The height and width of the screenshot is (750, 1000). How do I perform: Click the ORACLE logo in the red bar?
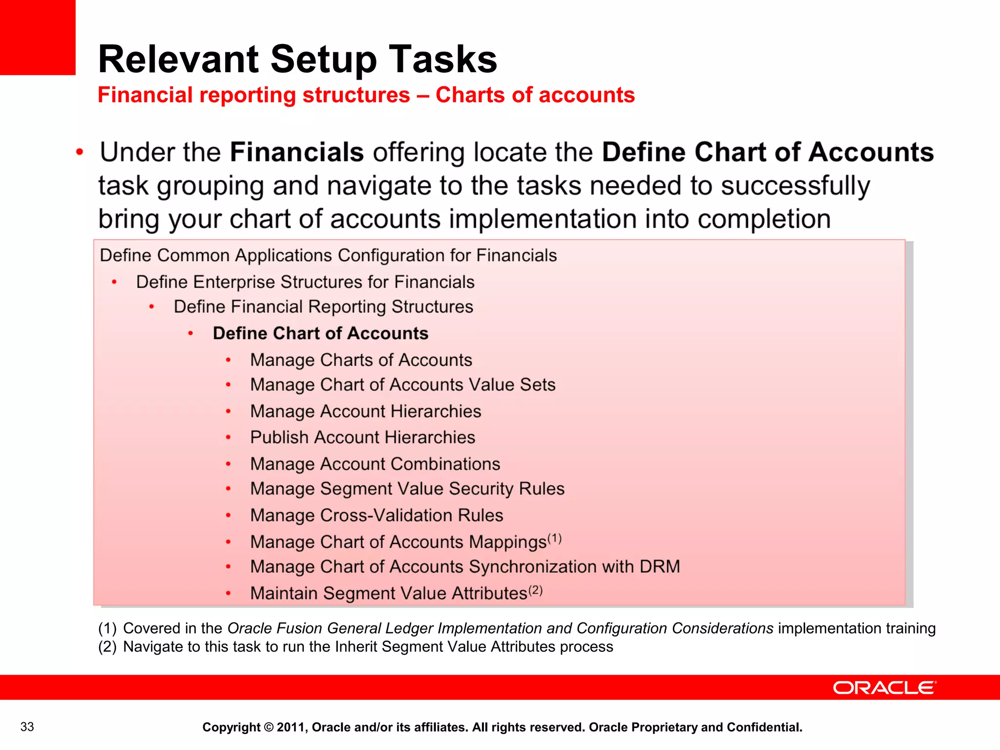(x=884, y=687)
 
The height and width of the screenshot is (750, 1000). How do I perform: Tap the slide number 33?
(x=27, y=727)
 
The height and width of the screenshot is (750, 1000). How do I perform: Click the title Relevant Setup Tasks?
(x=297, y=59)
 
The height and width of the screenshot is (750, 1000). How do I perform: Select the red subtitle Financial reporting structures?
(x=253, y=95)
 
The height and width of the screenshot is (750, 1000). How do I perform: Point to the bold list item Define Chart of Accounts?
(x=320, y=333)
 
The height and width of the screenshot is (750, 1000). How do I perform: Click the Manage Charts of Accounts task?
(x=361, y=360)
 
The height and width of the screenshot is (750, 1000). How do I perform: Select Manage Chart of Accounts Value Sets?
(x=402, y=385)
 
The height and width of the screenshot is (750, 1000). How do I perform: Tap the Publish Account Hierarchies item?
(x=362, y=437)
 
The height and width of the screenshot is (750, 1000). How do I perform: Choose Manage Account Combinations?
(x=375, y=464)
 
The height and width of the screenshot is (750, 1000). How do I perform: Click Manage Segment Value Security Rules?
(x=407, y=489)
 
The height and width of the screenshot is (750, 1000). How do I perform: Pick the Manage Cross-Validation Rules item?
(x=376, y=515)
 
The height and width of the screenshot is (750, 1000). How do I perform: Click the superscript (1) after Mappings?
(x=555, y=539)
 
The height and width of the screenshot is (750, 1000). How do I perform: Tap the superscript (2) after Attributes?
(x=536, y=590)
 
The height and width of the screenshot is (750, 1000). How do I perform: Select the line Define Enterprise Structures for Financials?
(x=305, y=282)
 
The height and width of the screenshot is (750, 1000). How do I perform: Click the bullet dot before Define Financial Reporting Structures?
(x=152, y=307)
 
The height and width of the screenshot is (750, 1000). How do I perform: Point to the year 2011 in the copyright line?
(x=291, y=728)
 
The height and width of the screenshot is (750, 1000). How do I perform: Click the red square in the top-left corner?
(x=38, y=37)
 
